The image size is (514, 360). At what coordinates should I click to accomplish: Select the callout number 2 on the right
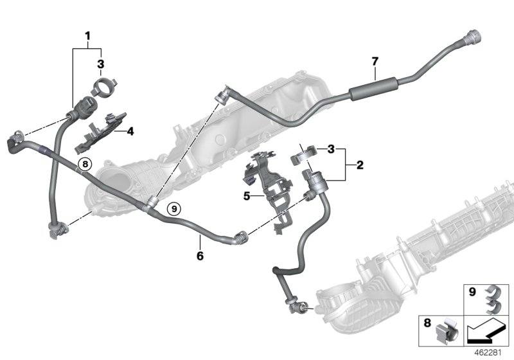tap(360, 165)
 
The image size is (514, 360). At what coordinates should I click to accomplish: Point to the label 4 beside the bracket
tap(130, 132)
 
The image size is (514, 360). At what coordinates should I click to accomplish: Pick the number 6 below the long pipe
tap(200, 255)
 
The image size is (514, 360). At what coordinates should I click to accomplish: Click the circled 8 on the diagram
tap(84, 165)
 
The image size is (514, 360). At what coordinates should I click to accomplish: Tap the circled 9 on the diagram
tap(172, 207)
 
